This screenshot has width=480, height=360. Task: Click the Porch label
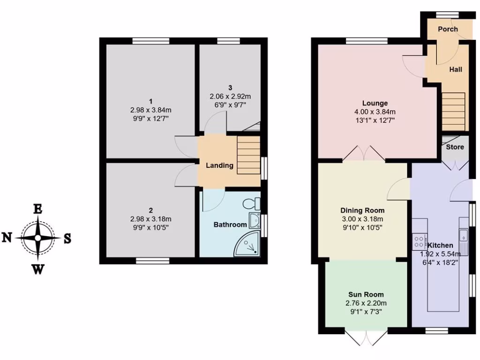(447, 29)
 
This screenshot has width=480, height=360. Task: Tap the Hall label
(456, 69)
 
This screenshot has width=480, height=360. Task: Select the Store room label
(455, 147)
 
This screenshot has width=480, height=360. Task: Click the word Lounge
(375, 103)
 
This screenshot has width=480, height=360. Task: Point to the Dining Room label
(362, 210)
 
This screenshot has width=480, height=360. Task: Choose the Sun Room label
(366, 294)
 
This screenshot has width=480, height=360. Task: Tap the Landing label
(220, 165)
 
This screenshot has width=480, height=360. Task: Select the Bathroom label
(230, 225)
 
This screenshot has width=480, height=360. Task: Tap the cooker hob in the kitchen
(418, 241)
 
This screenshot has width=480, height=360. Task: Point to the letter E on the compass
(37, 209)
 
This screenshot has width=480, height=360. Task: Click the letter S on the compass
(67, 238)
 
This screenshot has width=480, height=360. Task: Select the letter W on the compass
(38, 268)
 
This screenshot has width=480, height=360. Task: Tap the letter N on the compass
(7, 238)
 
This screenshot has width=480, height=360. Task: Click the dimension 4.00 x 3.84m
(375, 112)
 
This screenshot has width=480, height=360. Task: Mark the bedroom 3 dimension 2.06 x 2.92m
(230, 96)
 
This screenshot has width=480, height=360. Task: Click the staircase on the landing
(247, 154)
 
